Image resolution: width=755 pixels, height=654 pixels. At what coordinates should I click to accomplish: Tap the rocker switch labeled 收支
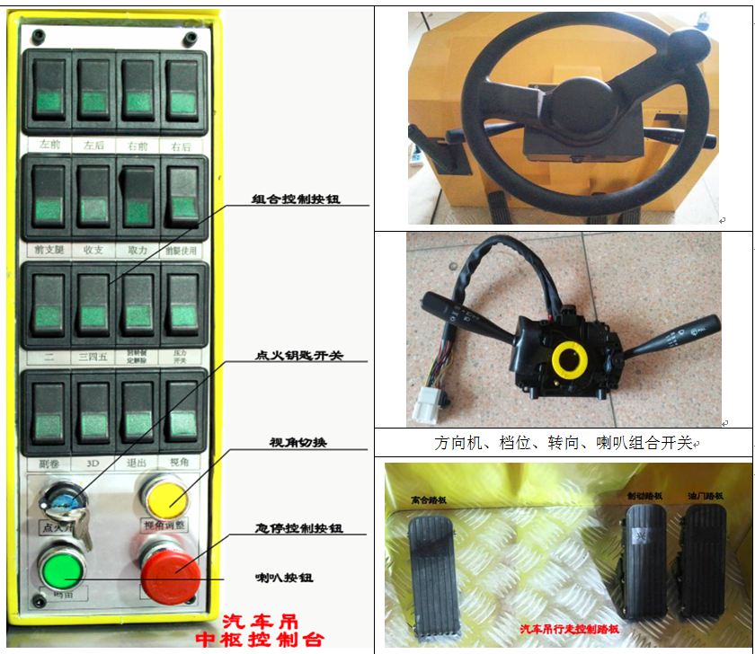pyautogui.click(x=93, y=196)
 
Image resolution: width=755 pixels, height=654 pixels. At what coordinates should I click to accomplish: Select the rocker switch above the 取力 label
pyautogui.click(x=138, y=196)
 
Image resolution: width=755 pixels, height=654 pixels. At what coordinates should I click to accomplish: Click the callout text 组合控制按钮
pyautogui.click(x=296, y=199)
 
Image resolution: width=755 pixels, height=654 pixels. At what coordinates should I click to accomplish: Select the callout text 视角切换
pyautogui.click(x=298, y=443)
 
